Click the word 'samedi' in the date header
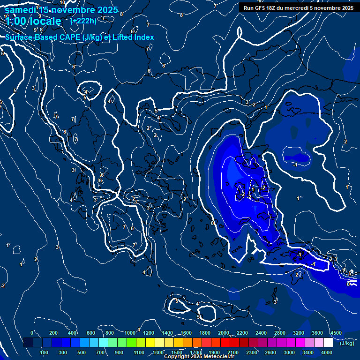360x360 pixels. [x=21, y=10]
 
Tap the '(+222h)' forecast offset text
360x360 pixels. [x=83, y=21]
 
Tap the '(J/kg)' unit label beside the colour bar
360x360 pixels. [x=347, y=343]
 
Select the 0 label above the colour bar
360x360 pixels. [x=32, y=333]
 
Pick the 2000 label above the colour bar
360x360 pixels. [x=224, y=333]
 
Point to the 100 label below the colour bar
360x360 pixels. [x=44, y=352]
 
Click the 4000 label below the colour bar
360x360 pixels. [x=327, y=352]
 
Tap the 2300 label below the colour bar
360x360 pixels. [x=252, y=352]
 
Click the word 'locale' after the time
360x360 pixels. [x=45, y=21]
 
